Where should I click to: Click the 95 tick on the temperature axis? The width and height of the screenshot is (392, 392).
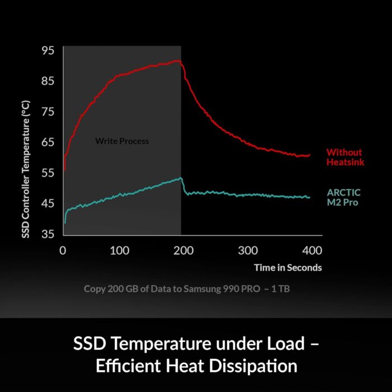point(48,50)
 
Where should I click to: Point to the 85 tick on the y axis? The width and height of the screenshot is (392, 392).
point(48,81)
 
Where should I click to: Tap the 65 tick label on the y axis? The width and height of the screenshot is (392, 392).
point(48,142)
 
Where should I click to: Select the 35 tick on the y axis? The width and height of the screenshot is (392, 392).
point(48,234)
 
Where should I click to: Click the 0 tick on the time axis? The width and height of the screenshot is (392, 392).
point(63,250)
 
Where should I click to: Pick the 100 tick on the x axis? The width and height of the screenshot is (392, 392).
point(119,250)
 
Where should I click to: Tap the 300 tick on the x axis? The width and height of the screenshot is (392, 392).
point(248,250)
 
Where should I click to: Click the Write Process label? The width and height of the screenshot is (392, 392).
point(122,141)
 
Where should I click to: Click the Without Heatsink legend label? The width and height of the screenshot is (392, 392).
point(344,157)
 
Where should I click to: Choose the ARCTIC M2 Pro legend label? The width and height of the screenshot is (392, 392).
point(342,197)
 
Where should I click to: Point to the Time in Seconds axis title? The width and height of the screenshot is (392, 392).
point(288,268)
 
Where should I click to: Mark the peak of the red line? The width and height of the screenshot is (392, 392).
point(177,60)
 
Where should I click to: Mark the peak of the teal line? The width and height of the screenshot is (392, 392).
point(180,178)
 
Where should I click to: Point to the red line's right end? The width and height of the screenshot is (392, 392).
point(309,155)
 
